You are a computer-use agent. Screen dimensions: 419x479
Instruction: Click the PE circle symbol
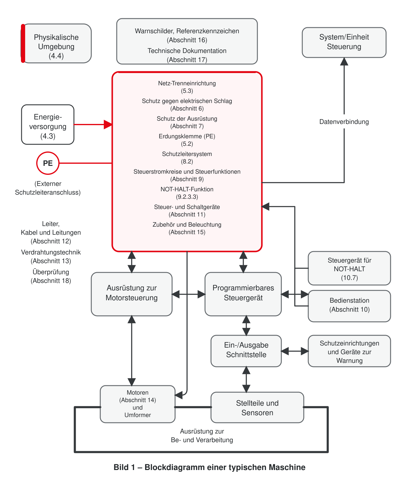click(48, 163)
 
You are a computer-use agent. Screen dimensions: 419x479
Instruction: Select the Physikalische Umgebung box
click(56, 43)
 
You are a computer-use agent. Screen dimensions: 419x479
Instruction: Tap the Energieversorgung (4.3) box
click(48, 125)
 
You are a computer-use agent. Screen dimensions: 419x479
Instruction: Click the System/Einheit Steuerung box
click(344, 43)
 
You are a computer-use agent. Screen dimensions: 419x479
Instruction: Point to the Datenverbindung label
click(344, 122)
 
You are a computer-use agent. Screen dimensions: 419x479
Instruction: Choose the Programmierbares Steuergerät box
click(243, 294)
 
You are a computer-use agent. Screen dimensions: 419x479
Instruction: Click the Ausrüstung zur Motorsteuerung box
click(132, 294)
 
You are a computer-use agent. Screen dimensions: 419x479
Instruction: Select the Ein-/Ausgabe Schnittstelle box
click(246, 351)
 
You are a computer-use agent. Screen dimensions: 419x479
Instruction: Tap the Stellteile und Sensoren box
click(257, 407)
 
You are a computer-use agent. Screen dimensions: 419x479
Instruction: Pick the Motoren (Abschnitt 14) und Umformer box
click(138, 404)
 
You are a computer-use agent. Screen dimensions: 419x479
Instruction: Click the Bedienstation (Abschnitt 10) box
click(350, 306)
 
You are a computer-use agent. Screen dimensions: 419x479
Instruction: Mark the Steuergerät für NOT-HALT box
click(350, 268)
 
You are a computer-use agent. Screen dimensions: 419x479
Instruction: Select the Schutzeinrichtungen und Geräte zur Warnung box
click(350, 351)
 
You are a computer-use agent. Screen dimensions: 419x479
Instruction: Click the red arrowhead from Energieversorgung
click(108, 125)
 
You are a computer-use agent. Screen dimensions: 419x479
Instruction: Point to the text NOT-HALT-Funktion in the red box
click(187, 189)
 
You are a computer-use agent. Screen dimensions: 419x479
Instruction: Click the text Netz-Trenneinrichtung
click(187, 83)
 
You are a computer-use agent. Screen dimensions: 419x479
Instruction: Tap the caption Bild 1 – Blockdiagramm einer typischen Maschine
click(209, 467)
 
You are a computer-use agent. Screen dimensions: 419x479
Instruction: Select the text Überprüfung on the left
click(51, 272)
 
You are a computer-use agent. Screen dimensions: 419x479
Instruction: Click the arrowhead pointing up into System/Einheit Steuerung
click(344, 61)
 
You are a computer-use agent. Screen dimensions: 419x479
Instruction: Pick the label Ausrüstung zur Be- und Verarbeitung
click(202, 436)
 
